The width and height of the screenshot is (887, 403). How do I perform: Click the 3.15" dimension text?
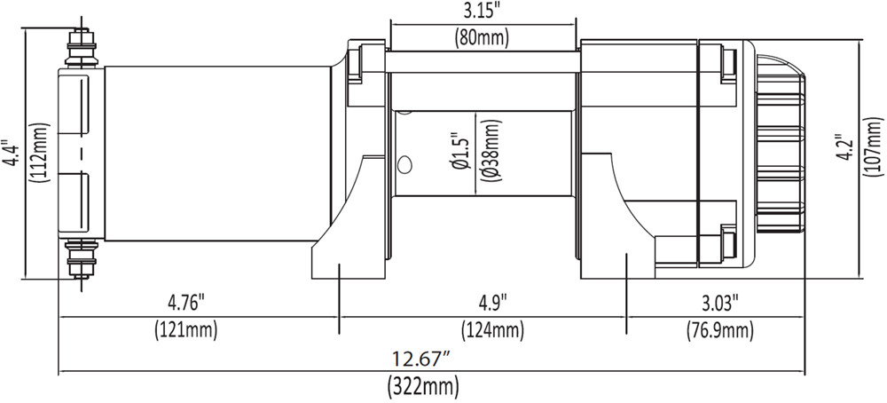[482, 11]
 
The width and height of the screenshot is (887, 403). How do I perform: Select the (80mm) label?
[482, 36]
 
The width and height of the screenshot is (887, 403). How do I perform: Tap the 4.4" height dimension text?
[10, 153]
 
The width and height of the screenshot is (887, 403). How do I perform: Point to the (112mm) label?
[42, 153]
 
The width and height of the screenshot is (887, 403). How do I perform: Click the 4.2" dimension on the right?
[847, 148]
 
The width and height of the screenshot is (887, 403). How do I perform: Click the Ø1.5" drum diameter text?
[461, 153]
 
